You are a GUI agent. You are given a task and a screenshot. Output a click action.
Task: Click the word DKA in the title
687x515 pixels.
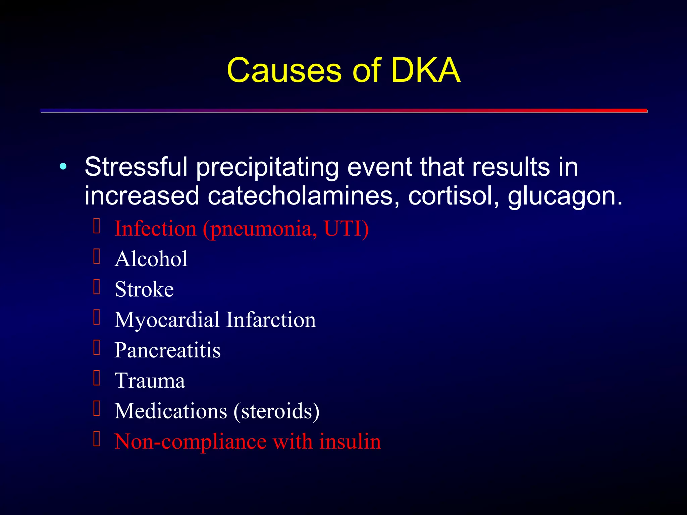point(425,70)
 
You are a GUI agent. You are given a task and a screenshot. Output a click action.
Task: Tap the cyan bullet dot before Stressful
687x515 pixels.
point(63,166)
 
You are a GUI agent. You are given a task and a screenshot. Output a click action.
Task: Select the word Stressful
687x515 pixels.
point(136,167)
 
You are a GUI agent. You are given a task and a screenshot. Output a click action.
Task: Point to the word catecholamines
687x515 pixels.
point(300,196)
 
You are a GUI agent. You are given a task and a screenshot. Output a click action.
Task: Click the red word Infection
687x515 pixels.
point(155,229)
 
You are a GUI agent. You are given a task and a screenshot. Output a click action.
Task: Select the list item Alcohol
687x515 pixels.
point(151,259)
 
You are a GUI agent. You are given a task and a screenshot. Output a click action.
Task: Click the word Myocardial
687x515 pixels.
point(167,320)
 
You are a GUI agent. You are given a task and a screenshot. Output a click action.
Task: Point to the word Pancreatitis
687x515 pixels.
point(167,350)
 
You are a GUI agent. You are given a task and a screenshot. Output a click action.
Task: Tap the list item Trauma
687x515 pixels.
point(150,381)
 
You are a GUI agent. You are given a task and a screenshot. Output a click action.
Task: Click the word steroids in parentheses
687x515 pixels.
point(276,411)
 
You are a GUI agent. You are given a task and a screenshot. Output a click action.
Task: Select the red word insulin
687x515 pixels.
point(350,441)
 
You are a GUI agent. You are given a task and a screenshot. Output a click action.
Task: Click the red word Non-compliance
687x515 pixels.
point(190,441)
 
